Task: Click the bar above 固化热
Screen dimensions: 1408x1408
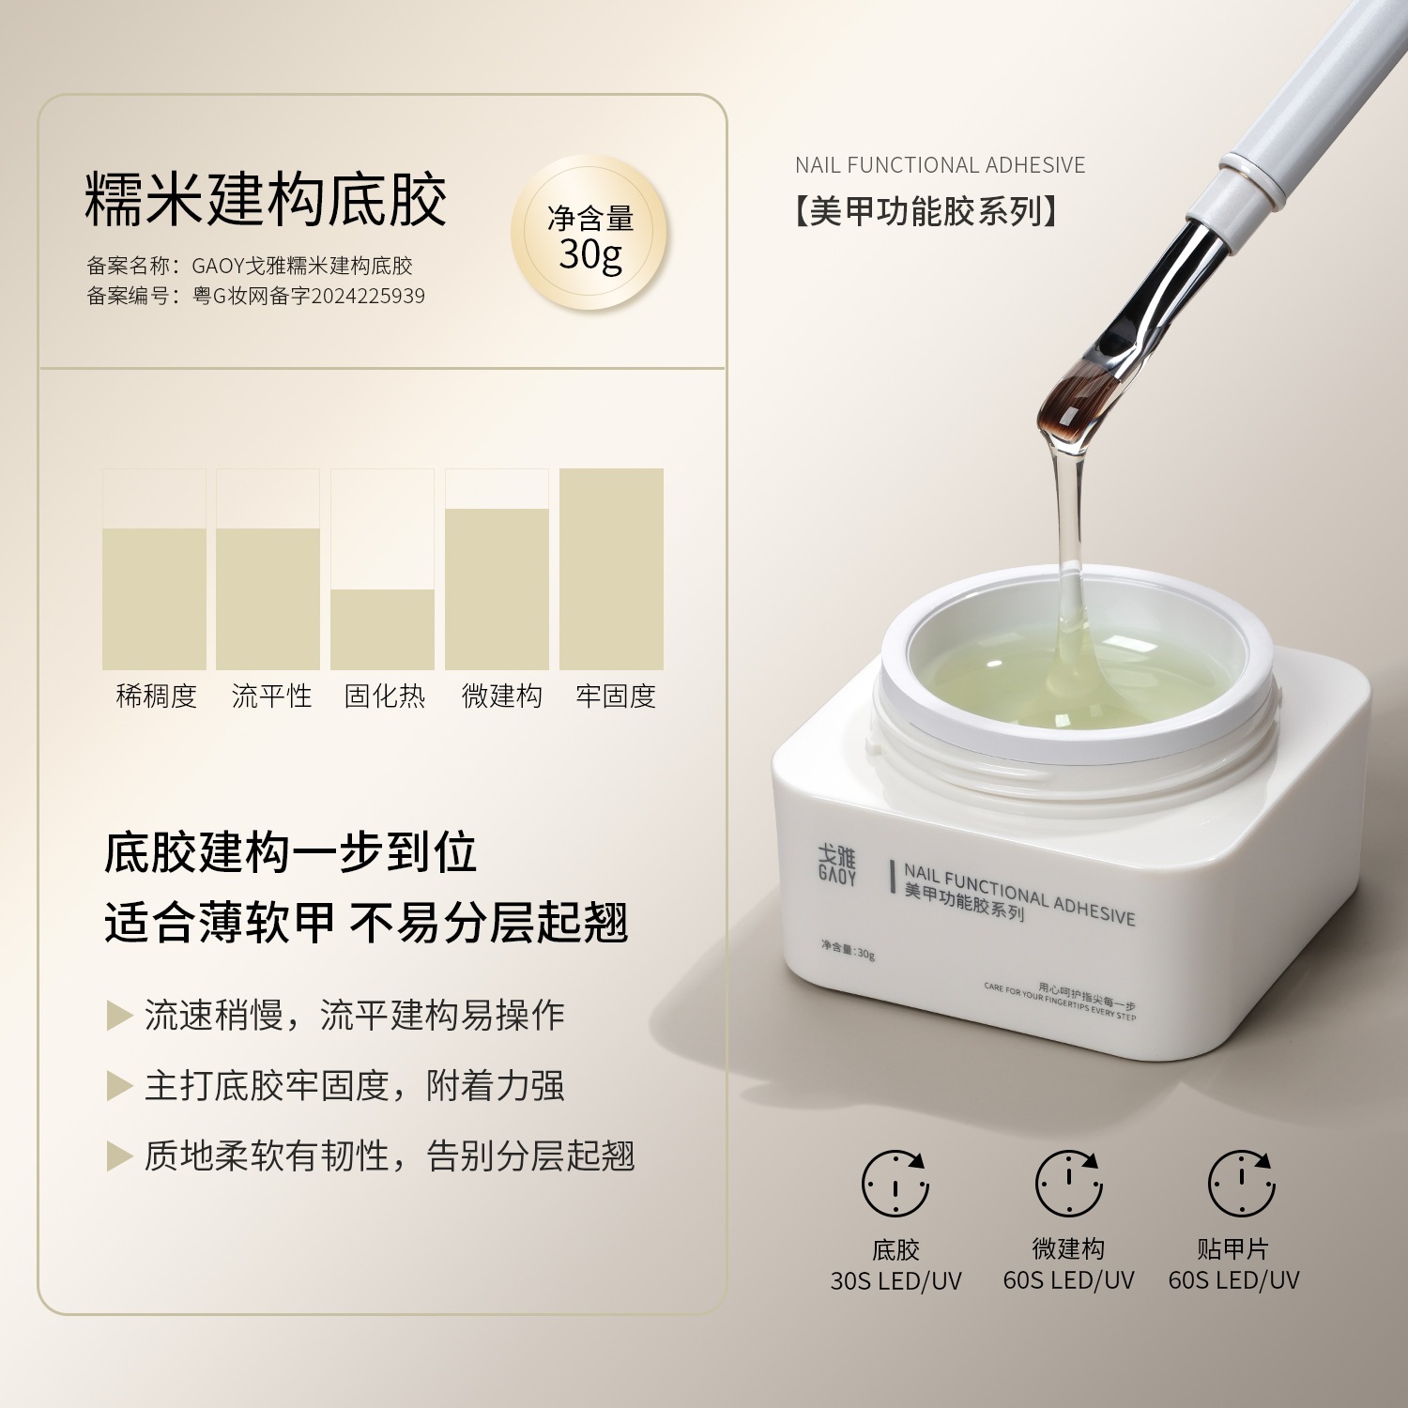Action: click(x=382, y=629)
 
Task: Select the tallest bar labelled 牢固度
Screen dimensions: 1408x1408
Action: click(x=611, y=569)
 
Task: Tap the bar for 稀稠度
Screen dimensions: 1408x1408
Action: click(x=154, y=599)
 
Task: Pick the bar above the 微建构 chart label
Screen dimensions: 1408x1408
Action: click(x=497, y=589)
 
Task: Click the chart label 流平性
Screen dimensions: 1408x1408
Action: click(x=271, y=696)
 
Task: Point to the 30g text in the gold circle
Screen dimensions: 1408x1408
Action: click(x=590, y=254)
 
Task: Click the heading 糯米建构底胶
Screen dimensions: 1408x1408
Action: click(x=266, y=199)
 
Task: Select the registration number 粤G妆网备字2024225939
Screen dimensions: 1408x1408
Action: click(x=309, y=296)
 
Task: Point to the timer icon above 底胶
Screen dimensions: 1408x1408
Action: click(x=895, y=1183)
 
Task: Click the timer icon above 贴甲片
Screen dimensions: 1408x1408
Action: click(x=1241, y=1183)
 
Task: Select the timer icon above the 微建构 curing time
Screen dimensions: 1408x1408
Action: click(x=1068, y=1183)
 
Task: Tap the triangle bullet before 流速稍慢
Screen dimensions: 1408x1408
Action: click(x=118, y=1016)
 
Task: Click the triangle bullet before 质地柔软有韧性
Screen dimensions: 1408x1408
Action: click(x=118, y=1156)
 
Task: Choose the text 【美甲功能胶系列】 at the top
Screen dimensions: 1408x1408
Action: click(x=926, y=211)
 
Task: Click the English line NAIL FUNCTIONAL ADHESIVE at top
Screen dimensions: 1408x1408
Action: click(x=940, y=165)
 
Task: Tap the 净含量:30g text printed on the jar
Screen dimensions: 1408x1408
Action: click(x=848, y=950)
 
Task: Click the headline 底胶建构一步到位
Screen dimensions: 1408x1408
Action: click(x=291, y=852)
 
